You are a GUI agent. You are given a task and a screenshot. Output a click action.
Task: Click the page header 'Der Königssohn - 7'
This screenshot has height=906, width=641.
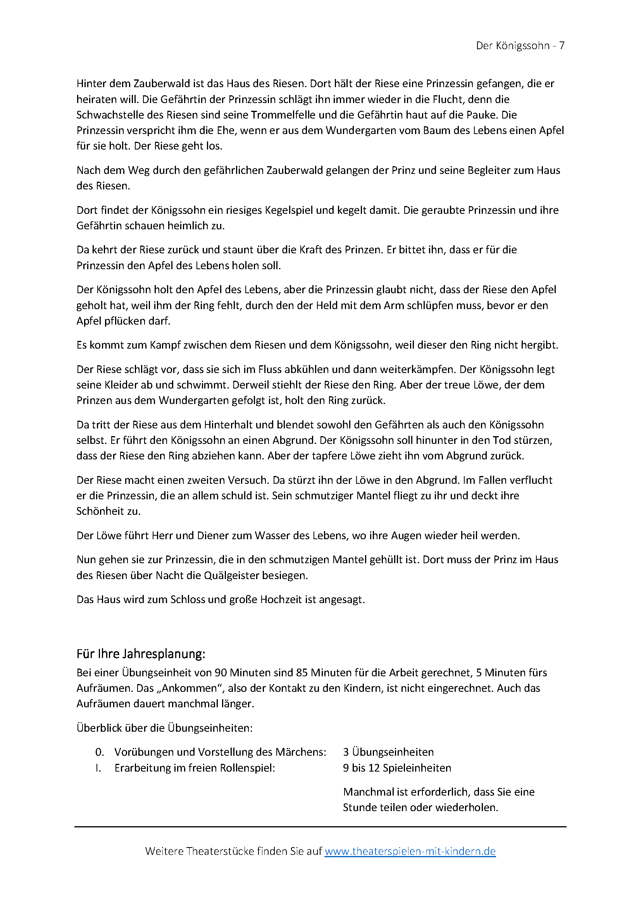pyautogui.click(x=520, y=46)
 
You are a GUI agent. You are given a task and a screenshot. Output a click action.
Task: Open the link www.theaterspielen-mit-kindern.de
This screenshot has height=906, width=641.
pyautogui.click(x=410, y=851)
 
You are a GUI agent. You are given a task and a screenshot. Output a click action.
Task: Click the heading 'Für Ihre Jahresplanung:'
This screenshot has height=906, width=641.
pyautogui.click(x=141, y=654)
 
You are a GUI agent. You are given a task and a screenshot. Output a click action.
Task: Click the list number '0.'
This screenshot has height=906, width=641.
pyautogui.click(x=100, y=752)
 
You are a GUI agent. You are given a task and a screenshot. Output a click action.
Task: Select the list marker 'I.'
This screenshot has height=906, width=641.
pyautogui.click(x=98, y=768)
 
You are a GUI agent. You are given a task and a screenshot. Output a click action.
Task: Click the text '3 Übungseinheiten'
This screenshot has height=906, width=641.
pyautogui.click(x=388, y=752)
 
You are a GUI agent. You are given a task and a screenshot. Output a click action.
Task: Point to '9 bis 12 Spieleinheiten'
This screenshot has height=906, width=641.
pyautogui.click(x=397, y=768)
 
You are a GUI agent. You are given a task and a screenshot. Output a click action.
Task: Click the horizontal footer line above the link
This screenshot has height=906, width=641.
pyautogui.click(x=320, y=827)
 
